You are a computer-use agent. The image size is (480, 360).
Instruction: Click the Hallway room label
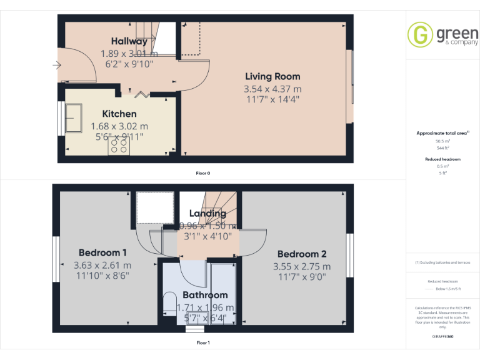[129, 42]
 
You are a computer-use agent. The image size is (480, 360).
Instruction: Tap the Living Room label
[272, 77]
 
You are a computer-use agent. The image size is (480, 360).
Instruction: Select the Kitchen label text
[119, 114]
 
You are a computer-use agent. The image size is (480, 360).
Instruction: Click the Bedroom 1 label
[100, 253]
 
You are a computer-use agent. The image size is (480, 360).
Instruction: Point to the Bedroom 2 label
[302, 254]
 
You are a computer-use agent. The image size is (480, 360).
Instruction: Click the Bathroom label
[205, 295]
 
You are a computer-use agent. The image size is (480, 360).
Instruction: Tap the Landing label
[207, 214]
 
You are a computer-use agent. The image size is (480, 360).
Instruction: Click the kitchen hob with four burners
[119, 146]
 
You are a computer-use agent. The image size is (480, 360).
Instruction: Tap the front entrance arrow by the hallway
[57, 64]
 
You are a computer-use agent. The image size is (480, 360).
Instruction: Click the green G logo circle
[419, 34]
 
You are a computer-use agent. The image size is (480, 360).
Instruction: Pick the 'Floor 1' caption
[203, 342]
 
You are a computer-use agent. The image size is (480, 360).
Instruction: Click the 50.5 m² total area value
[442, 141]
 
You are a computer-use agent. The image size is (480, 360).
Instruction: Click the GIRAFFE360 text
[442, 336]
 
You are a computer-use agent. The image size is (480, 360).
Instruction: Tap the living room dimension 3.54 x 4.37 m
[272, 89]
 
